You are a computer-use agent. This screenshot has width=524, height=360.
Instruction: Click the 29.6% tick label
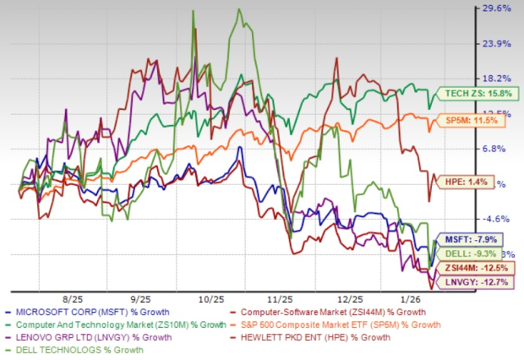click(496, 8)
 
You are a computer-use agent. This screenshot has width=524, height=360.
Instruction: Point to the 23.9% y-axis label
click(496, 43)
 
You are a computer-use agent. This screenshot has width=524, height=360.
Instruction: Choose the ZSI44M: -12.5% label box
click(474, 268)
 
